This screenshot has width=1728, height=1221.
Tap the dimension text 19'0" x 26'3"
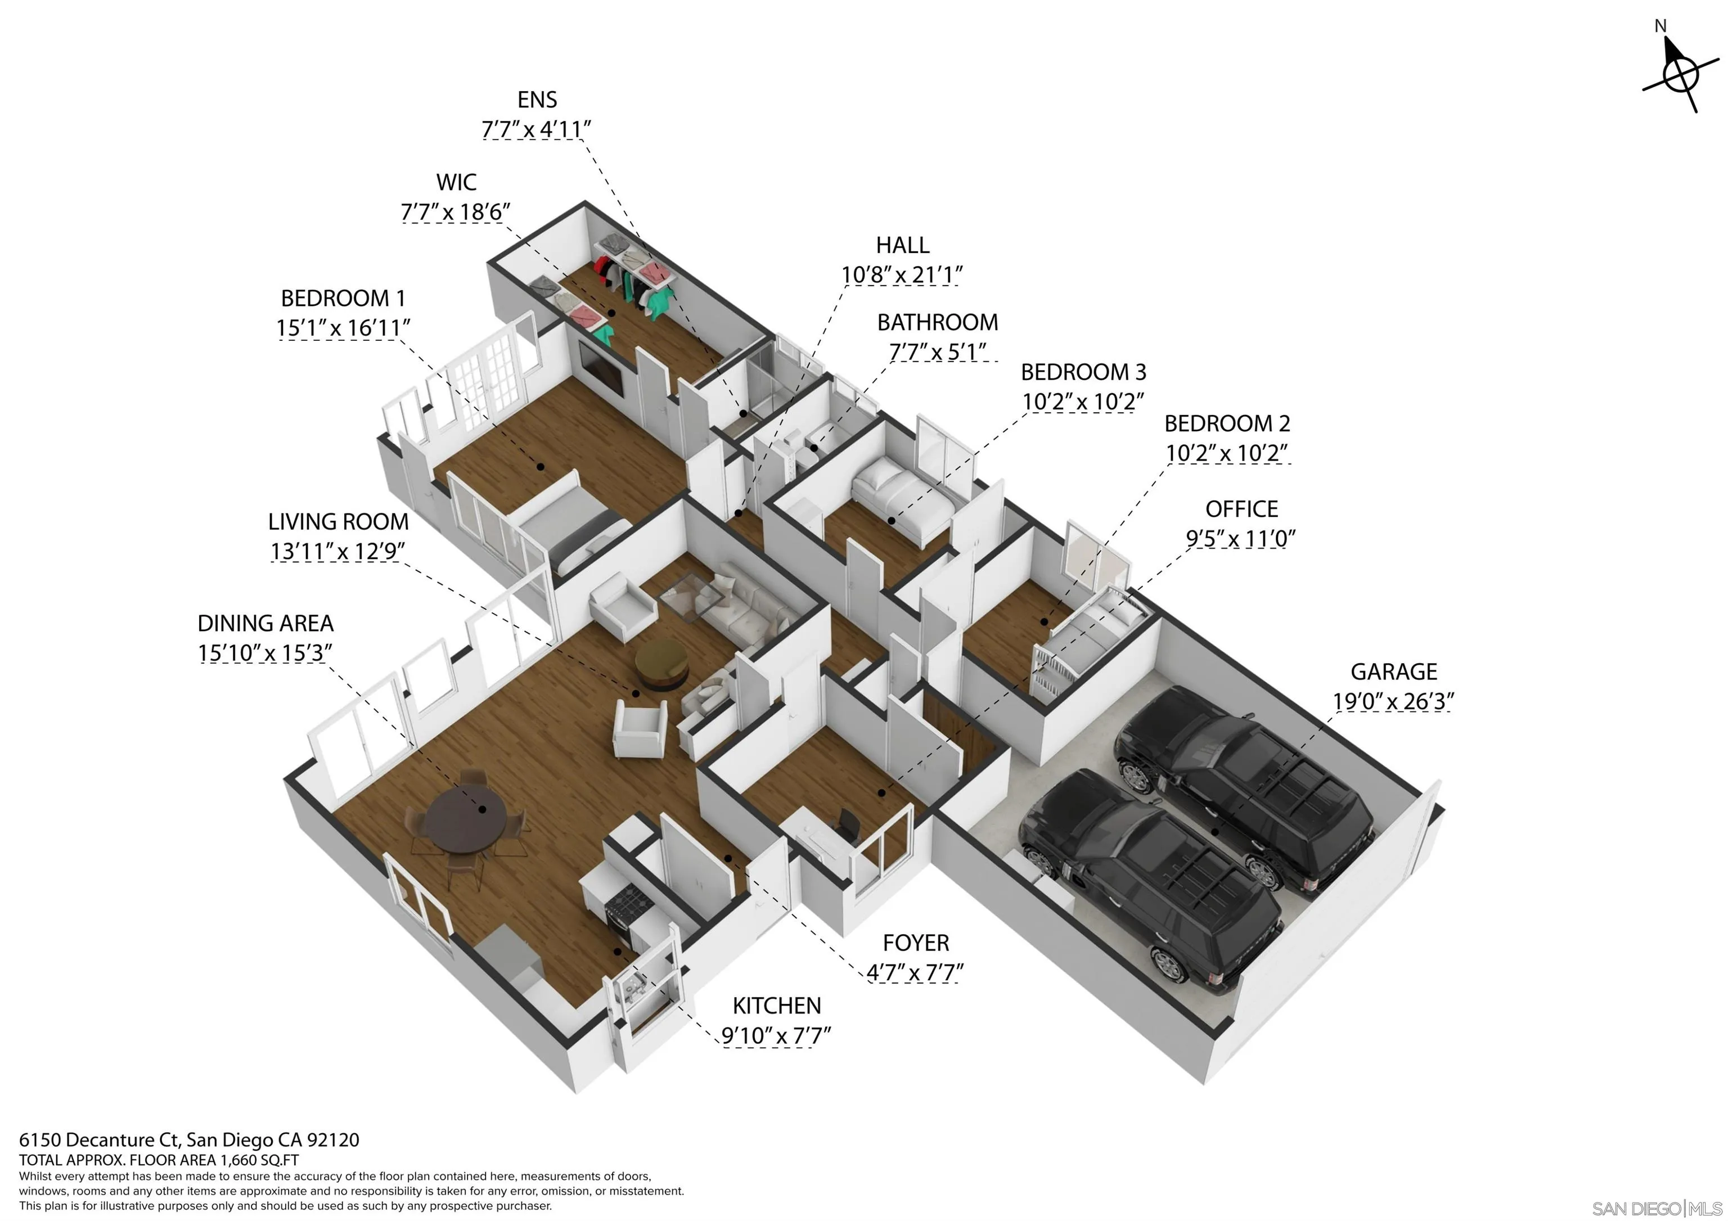1393,701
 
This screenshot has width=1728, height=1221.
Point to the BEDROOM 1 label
343,298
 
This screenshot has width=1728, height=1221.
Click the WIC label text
456,182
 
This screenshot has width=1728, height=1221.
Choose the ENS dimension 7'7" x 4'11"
536,129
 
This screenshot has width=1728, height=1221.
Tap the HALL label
902,245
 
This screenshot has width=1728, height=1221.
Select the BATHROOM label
938,322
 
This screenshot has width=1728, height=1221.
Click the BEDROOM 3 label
1083,372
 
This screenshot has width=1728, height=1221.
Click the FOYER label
916,943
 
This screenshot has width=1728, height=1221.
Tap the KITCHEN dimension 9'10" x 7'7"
776,1036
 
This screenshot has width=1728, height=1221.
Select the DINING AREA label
265,623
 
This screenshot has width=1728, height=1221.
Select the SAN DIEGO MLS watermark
1656,1208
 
